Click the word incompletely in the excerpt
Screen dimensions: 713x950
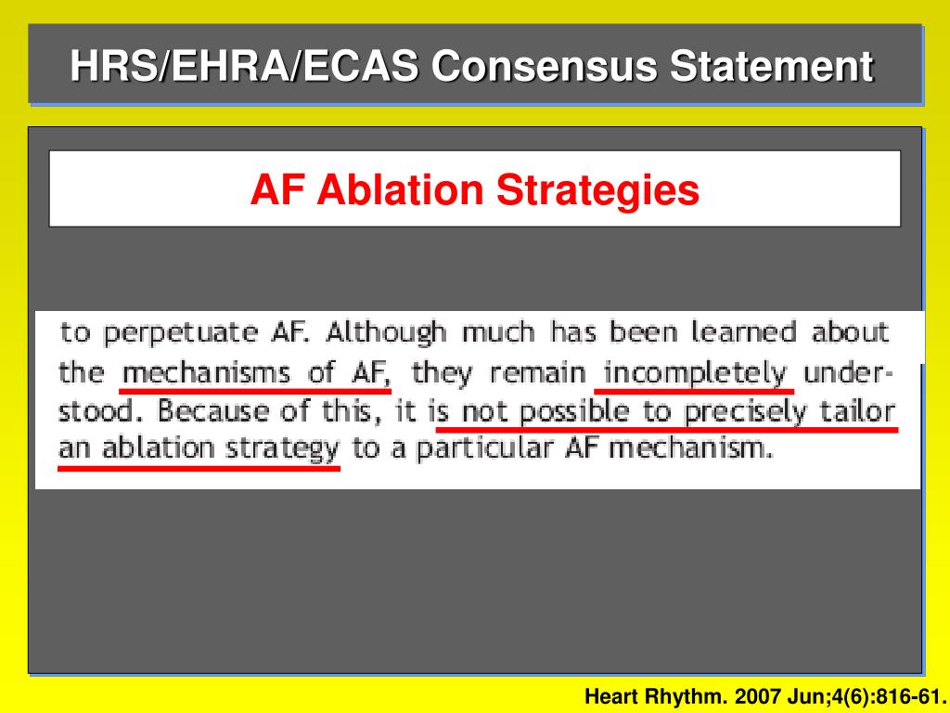click(x=694, y=373)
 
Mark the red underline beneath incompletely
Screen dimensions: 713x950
click(x=694, y=391)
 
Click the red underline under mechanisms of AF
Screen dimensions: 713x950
click(x=256, y=391)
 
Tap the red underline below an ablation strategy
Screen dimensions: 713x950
click(x=199, y=468)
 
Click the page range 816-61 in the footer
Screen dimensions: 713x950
click(x=909, y=696)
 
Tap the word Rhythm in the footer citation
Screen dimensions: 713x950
click(x=684, y=696)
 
